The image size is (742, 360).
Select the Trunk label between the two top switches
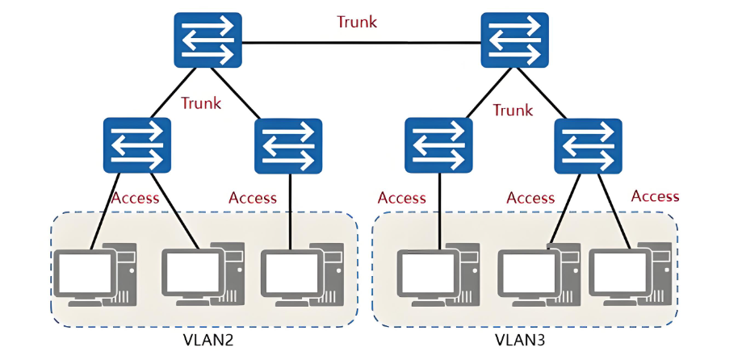(357, 22)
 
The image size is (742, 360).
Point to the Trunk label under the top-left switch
(201, 103)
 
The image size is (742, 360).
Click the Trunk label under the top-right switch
(513, 109)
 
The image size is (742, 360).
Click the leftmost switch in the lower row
(137, 145)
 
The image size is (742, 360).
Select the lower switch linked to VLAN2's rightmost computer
(288, 146)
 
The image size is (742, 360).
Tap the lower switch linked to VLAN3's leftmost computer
(438, 146)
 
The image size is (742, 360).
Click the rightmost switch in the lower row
(588, 146)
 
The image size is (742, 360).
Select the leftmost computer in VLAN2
(95, 275)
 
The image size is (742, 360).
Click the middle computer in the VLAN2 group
(202, 275)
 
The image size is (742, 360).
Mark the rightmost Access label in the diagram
(655, 196)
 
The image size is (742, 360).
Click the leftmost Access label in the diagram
(135, 198)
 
